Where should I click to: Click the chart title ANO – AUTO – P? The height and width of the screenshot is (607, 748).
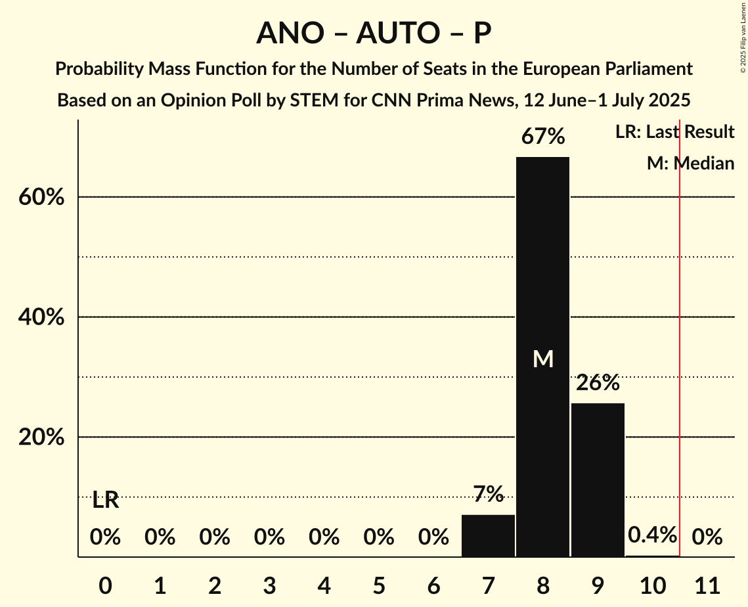[374, 33]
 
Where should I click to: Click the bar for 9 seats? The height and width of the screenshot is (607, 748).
[598, 480]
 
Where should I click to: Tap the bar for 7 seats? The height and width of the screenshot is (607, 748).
[488, 535]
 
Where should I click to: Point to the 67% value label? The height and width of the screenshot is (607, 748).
[542, 137]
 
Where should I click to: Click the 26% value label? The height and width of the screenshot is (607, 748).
[598, 383]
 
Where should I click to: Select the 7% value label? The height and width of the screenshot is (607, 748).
[488, 494]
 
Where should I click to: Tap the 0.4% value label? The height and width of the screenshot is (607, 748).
[652, 535]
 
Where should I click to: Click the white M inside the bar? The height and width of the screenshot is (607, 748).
[542, 359]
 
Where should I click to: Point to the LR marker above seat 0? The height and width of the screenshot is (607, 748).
[105, 500]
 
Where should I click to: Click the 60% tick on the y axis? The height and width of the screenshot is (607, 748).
[41, 197]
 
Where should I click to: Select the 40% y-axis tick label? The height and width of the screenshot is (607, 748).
[41, 317]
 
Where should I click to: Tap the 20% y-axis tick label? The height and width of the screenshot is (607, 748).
[41, 438]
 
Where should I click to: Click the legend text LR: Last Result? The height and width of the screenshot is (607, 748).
[674, 132]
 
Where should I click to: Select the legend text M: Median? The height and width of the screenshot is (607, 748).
[690, 163]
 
